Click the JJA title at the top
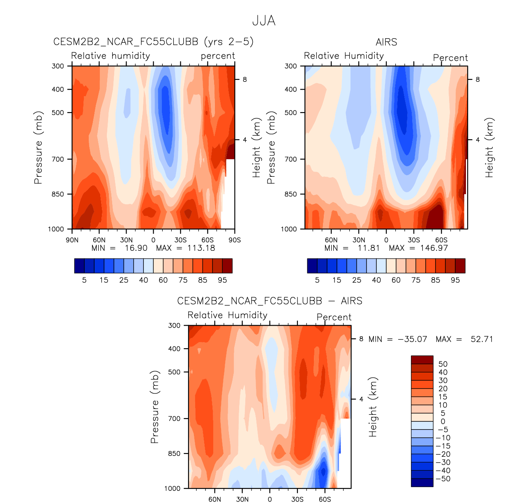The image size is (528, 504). tap(263, 21)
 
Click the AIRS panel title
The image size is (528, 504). tap(386, 42)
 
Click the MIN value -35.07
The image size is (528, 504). tap(412, 339)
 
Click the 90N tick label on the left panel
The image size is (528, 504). tap(72, 240)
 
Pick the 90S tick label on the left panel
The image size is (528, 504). tap(235, 240)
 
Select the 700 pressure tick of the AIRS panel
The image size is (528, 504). tap(291, 159)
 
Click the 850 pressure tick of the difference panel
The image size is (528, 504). tap(174, 453)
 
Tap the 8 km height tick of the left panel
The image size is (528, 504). tap(244, 79)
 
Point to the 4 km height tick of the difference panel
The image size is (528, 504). tap(361, 399)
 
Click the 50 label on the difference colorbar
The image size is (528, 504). tap(443, 364)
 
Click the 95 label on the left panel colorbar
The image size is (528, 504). tap(222, 280)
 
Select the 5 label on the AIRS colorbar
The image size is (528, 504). tap(317, 280)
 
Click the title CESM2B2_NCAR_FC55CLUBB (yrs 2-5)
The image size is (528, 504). tap(153, 42)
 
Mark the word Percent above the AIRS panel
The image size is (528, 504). tap(450, 58)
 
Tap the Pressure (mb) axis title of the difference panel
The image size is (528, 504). tap(154, 407)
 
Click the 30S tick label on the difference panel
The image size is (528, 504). tap(297, 499)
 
